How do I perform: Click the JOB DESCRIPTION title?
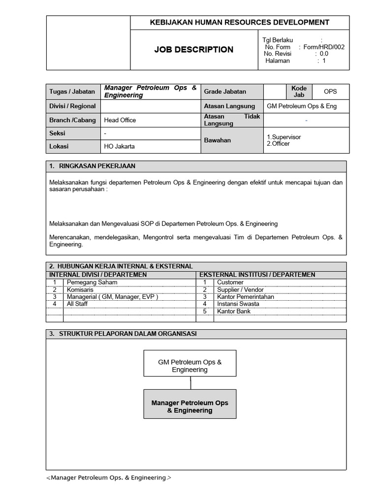(x=193, y=50)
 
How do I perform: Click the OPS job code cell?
(x=330, y=92)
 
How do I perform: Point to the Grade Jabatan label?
(x=225, y=92)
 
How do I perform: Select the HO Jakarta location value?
(x=119, y=146)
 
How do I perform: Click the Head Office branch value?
(x=120, y=120)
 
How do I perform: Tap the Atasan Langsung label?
(x=229, y=106)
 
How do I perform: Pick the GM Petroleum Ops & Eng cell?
(x=301, y=106)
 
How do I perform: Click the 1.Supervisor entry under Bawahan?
(x=283, y=137)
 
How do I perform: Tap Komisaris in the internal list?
(x=81, y=289)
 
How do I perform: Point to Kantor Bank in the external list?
(x=233, y=311)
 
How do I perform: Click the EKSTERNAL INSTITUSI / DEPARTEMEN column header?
(x=257, y=275)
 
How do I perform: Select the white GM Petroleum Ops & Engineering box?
(x=189, y=366)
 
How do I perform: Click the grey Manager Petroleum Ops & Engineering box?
(x=189, y=406)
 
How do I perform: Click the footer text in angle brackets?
(x=109, y=477)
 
